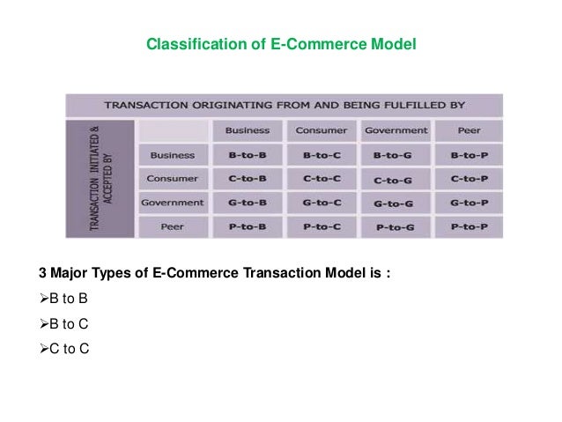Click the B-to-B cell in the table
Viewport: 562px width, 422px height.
click(248, 157)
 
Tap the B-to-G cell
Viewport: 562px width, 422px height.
click(395, 157)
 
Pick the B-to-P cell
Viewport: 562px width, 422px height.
click(469, 157)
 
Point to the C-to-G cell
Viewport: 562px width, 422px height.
click(395, 181)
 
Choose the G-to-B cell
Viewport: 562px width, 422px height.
click(248, 203)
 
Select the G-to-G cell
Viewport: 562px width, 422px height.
click(395, 204)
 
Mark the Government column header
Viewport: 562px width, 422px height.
click(395, 131)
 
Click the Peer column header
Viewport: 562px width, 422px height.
click(469, 131)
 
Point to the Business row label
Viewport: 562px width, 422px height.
click(173, 156)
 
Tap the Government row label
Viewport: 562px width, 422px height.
click(173, 203)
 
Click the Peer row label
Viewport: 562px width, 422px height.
click(173, 226)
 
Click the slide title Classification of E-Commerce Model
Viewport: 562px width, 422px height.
click(280, 43)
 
